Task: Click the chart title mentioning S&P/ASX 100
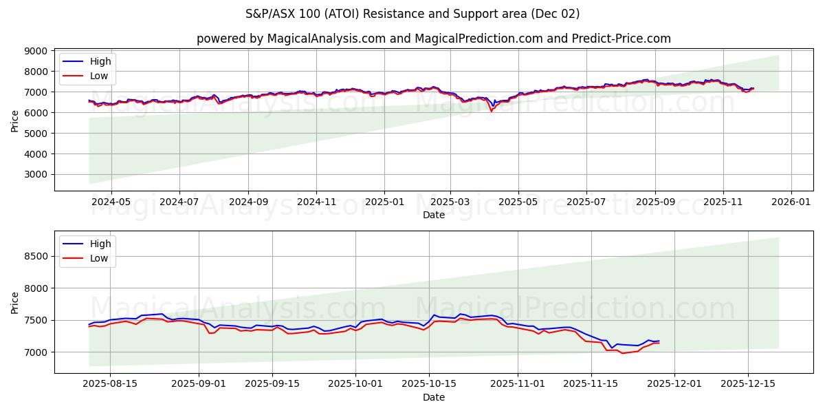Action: coord(412,14)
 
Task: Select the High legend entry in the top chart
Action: coord(100,61)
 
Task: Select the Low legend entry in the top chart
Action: coord(100,76)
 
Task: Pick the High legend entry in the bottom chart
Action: coord(100,244)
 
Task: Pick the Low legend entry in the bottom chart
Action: coord(100,258)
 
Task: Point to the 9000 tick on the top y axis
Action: coord(36,51)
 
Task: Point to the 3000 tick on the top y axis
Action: coord(36,175)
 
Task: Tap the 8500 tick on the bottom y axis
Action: coord(36,256)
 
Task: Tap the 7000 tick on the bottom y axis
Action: coord(36,352)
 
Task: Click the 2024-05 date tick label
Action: coord(111,202)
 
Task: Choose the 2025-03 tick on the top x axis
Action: coord(450,202)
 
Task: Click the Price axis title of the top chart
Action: coord(15,121)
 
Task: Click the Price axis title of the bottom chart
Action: coord(15,302)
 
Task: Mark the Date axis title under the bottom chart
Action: coord(433,397)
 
